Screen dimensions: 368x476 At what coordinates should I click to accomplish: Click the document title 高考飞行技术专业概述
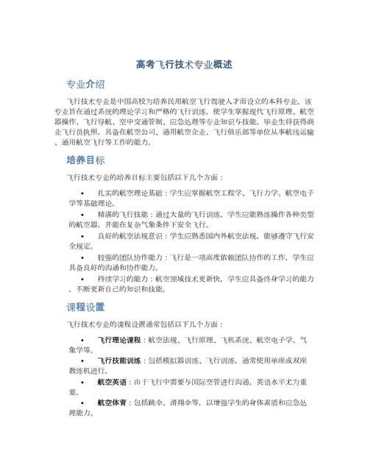tap(184, 65)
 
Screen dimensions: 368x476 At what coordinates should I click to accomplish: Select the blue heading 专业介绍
tap(85, 83)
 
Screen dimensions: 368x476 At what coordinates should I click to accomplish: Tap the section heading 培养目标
tap(85, 160)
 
